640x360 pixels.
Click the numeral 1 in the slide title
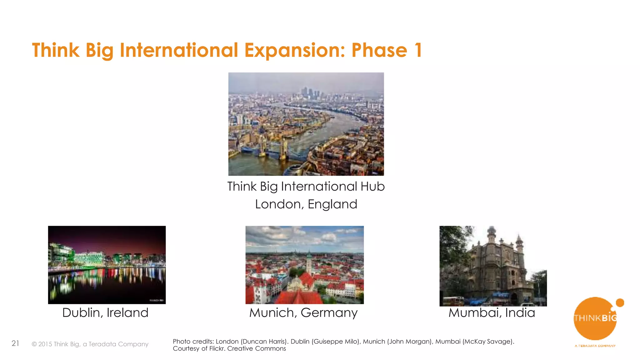coord(418,51)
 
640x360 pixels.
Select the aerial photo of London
coord(306,124)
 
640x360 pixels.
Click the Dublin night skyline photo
coord(107,265)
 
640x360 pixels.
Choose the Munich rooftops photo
coord(305,265)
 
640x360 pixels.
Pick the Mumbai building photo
coord(493,266)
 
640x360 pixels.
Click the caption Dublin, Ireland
coord(105,312)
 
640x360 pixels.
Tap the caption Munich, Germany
coord(303,312)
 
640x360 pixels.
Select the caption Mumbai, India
coord(492,312)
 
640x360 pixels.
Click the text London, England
coord(306,204)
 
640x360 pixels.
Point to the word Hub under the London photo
coord(372,186)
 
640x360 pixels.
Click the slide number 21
coord(15,343)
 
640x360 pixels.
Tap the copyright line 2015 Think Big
coord(90,344)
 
